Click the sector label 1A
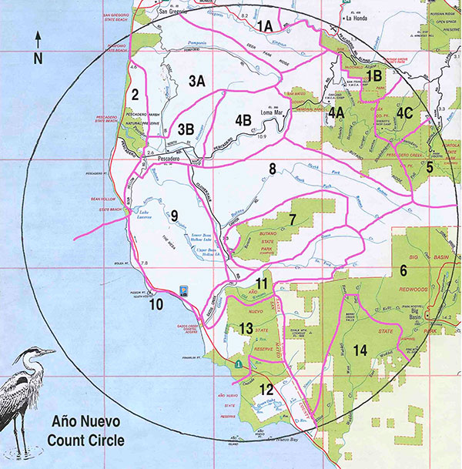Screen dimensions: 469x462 tap(264, 26)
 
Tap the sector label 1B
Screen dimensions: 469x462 tap(374, 75)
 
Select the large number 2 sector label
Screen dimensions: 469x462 tap(135, 95)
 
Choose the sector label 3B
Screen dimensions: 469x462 tap(186, 129)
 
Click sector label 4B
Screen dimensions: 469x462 tap(243, 119)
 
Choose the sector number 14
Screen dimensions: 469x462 tap(359, 350)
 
